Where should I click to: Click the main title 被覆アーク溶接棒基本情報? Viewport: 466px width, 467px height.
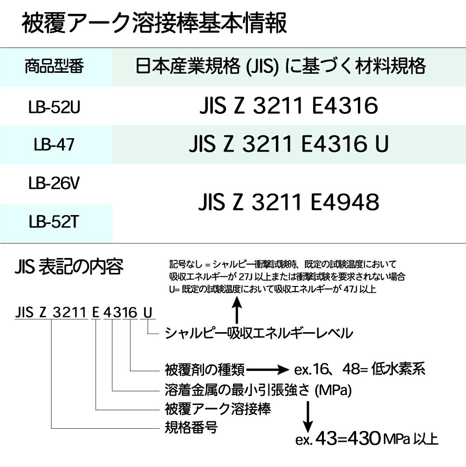[x=154, y=23]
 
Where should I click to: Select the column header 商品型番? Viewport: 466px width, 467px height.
[x=54, y=66]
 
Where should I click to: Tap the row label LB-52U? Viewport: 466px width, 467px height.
[x=54, y=107]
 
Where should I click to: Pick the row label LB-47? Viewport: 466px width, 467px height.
[x=54, y=145]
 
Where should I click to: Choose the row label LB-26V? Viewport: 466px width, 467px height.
[x=54, y=183]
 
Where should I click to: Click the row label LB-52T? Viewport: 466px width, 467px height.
[x=54, y=222]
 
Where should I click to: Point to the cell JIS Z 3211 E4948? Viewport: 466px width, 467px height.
[x=288, y=202]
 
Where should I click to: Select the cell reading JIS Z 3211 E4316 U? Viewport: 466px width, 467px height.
[x=288, y=144]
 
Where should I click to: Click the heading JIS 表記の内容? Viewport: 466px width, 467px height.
[x=69, y=266]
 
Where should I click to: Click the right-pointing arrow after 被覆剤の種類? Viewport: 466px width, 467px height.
[x=267, y=370]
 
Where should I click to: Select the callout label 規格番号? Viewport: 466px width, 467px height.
[x=191, y=428]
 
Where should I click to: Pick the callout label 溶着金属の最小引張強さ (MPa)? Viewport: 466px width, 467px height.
[x=258, y=390]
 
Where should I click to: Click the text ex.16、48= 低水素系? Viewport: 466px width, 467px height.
[x=359, y=369]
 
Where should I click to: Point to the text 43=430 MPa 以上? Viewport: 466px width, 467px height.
[x=377, y=439]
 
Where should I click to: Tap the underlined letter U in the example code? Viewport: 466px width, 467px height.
[x=148, y=313]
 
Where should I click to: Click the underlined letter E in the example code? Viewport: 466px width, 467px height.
[x=96, y=313]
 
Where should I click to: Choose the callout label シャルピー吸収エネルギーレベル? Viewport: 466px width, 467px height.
[x=259, y=333]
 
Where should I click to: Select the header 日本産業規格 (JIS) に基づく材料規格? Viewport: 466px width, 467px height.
[x=281, y=66]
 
